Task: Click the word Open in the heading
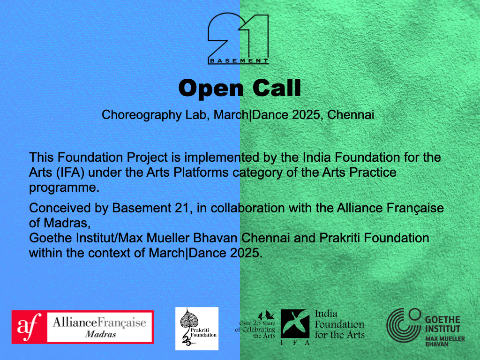(211, 89)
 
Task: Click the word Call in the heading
(277, 88)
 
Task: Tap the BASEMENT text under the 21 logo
(239, 61)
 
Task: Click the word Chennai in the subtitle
(351, 115)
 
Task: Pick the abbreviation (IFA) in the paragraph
(70, 172)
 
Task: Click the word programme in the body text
(64, 188)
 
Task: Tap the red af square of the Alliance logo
(30, 327)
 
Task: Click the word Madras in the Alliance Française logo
(100, 334)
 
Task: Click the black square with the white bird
(295, 323)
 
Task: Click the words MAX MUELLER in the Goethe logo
(445, 339)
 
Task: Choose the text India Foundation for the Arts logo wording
(339, 324)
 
